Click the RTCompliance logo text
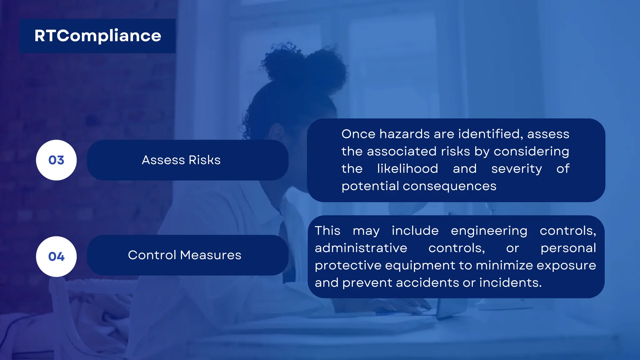tap(97, 36)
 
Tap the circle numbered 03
tap(56, 160)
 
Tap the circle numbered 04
tap(56, 257)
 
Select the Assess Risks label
tap(181, 160)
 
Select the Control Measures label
tap(185, 255)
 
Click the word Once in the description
tap(358, 134)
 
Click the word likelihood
tap(407, 169)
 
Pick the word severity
tap(517, 169)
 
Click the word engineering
tap(489, 231)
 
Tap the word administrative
tap(361, 248)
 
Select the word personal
tap(568, 248)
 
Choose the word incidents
tap(510, 283)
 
